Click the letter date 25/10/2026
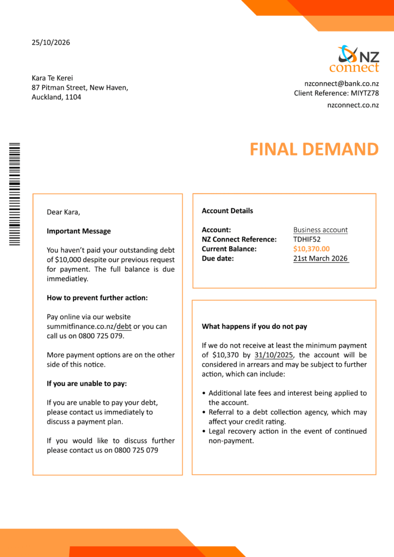[51, 42]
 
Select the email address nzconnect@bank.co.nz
[342, 84]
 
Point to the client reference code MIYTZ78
[365, 93]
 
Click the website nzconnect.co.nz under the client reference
[353, 105]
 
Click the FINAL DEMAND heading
[314, 149]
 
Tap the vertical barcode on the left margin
[15, 194]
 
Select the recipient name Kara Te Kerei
[52, 78]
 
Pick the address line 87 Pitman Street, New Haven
[80, 88]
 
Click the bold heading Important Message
[78, 231]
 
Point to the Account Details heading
[227, 211]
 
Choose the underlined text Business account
[321, 230]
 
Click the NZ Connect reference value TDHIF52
[307, 239]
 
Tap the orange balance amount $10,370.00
[311, 249]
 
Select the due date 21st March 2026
[321, 259]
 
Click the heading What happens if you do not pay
[255, 326]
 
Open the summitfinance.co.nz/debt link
[89, 326]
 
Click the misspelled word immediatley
[67, 279]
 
